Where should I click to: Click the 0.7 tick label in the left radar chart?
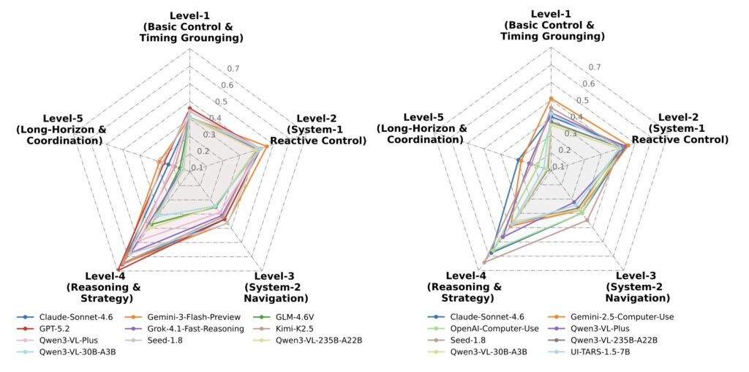tap(233, 69)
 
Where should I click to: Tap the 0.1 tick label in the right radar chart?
tap(558, 166)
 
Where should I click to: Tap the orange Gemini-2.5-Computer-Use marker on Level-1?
tap(551, 99)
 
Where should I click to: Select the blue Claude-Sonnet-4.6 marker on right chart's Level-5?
tap(518, 160)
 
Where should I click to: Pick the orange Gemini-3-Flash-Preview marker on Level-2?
tap(266, 146)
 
